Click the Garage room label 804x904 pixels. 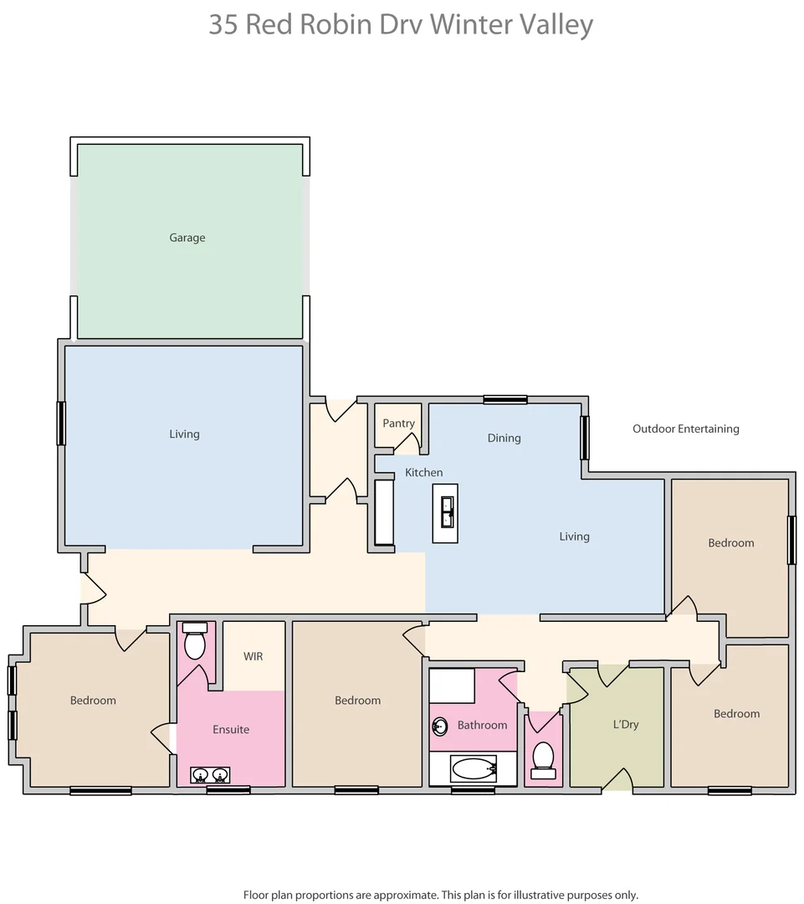point(187,238)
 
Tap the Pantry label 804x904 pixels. point(398,424)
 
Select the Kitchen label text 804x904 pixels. point(423,473)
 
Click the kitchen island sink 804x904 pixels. point(446,513)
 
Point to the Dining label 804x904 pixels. point(504,438)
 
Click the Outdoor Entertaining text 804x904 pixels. point(685,429)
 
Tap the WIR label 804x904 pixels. point(253,656)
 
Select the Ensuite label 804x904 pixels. point(231,730)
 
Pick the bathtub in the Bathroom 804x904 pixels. point(474,768)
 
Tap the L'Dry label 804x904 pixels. point(625,724)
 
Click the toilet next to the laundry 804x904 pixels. point(544,757)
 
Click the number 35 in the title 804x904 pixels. point(223,24)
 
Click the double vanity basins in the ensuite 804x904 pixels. point(210,775)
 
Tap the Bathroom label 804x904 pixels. point(482,725)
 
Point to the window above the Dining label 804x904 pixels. point(505,400)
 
